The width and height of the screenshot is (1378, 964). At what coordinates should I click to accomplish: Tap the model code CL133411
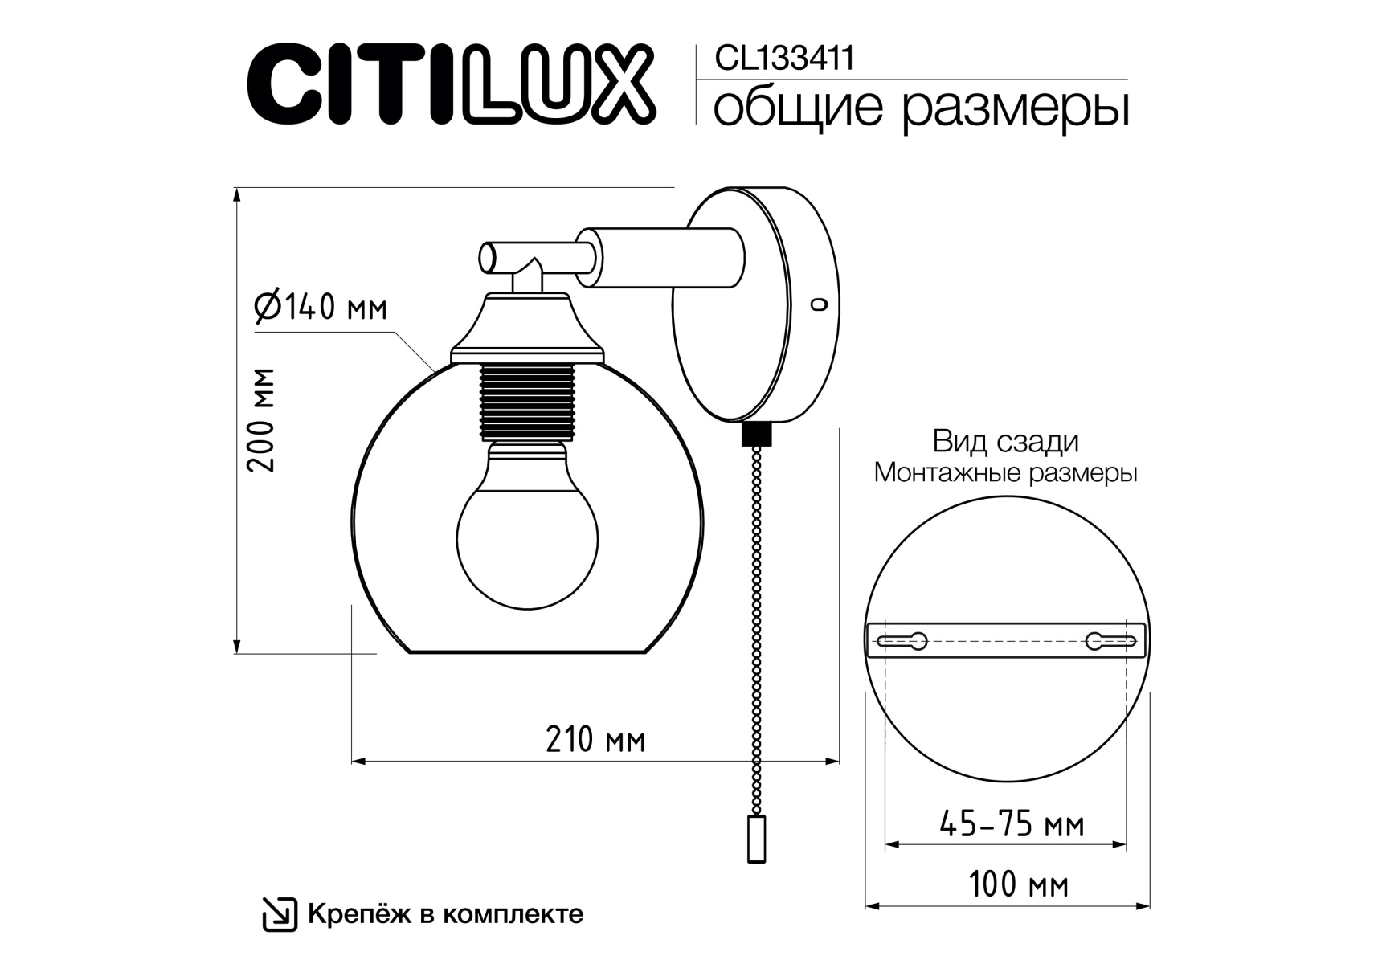(784, 59)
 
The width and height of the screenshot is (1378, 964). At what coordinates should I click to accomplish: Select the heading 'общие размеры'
(921, 109)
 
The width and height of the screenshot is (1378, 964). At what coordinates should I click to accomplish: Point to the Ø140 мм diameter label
(321, 306)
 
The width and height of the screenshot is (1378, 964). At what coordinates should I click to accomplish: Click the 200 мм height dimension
(262, 420)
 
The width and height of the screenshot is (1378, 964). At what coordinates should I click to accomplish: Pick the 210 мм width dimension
(595, 739)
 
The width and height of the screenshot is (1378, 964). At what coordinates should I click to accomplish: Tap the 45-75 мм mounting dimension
(1012, 824)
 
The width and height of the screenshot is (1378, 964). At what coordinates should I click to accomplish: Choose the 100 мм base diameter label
(1018, 885)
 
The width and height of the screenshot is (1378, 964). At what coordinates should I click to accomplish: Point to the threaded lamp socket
(527, 402)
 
